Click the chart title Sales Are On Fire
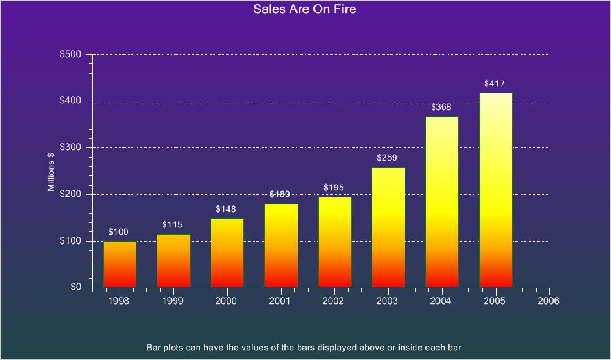tap(304, 9)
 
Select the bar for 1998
tap(120, 264)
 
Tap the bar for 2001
tap(281, 245)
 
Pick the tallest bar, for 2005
tap(496, 190)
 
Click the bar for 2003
tap(388, 227)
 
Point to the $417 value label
tap(494, 84)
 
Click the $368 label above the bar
tap(441, 107)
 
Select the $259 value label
tap(387, 158)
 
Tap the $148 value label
tap(226, 209)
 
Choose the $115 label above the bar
tap(172, 224)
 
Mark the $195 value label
tap(334, 188)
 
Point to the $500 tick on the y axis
tap(70, 54)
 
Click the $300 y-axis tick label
tap(70, 147)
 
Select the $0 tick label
tap(76, 287)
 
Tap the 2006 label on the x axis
tap(548, 301)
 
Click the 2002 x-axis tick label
tap(333, 301)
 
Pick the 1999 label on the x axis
tap(173, 301)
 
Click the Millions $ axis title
tap(51, 172)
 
